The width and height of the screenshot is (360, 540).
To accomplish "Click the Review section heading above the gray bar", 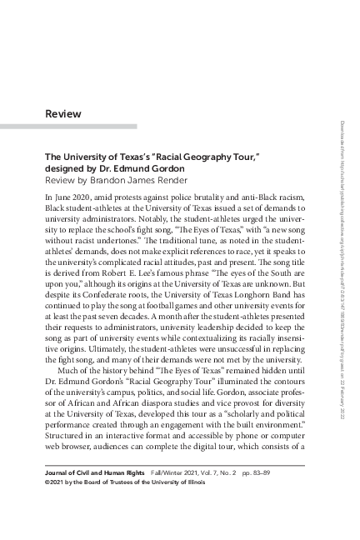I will click(x=63, y=113).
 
